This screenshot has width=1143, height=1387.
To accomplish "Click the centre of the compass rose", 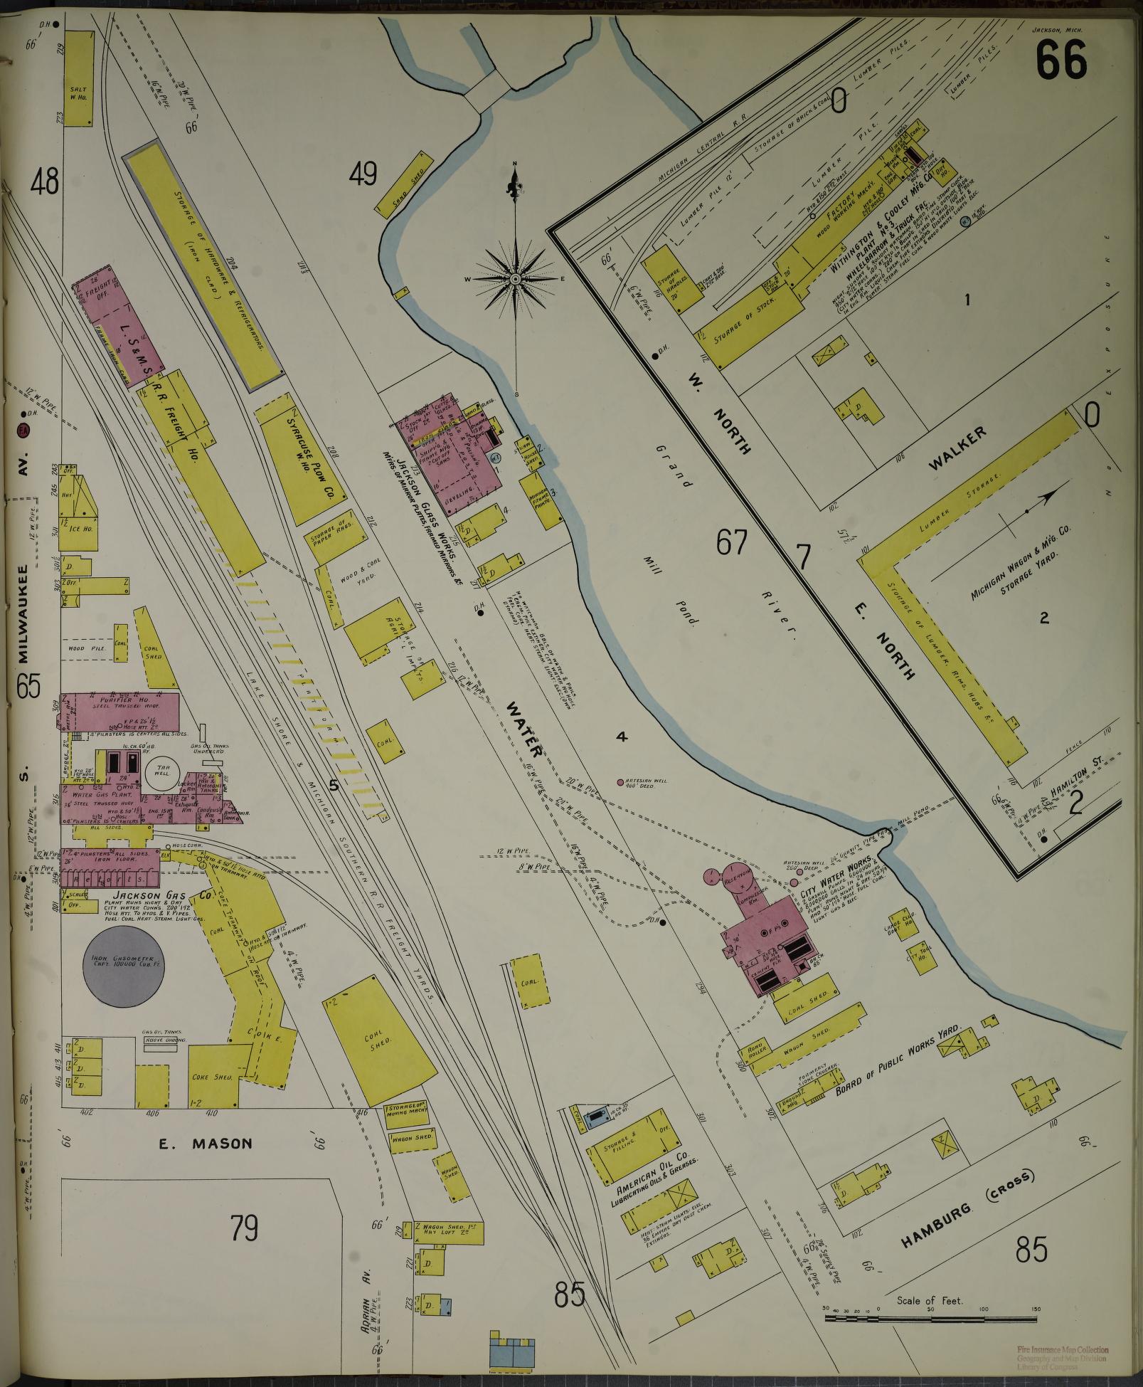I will point(514,279).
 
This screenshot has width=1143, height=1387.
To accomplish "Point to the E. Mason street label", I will point(205,1144).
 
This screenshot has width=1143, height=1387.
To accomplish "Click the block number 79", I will point(244,1228).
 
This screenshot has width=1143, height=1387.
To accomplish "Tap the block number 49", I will point(363,174).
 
